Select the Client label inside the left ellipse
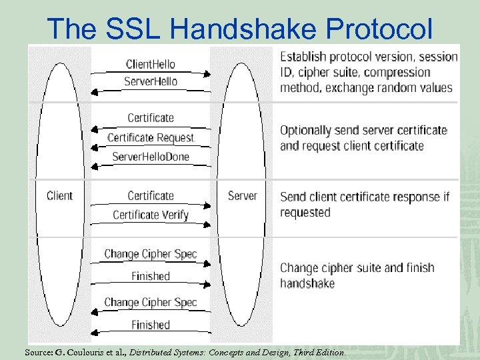(59, 195)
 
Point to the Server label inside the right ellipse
(242, 195)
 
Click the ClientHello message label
(151, 64)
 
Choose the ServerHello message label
(151, 81)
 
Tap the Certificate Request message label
(151, 137)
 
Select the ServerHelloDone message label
(151, 157)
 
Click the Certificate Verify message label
(151, 215)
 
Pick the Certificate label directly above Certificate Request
(151, 118)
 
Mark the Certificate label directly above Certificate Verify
(151, 195)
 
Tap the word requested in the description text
(305, 213)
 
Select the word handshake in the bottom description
(307, 283)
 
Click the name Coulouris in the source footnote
(92, 351)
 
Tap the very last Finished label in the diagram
(151, 325)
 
